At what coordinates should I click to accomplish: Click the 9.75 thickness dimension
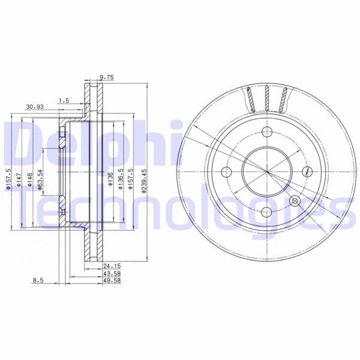coord(106,77)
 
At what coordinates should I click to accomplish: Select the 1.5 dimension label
coord(63,101)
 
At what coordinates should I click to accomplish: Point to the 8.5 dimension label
coord(38,279)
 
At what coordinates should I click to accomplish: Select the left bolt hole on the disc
coord(226,172)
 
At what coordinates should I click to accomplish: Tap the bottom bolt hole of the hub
coord(265,211)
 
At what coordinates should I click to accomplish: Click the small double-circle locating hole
coord(294,201)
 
